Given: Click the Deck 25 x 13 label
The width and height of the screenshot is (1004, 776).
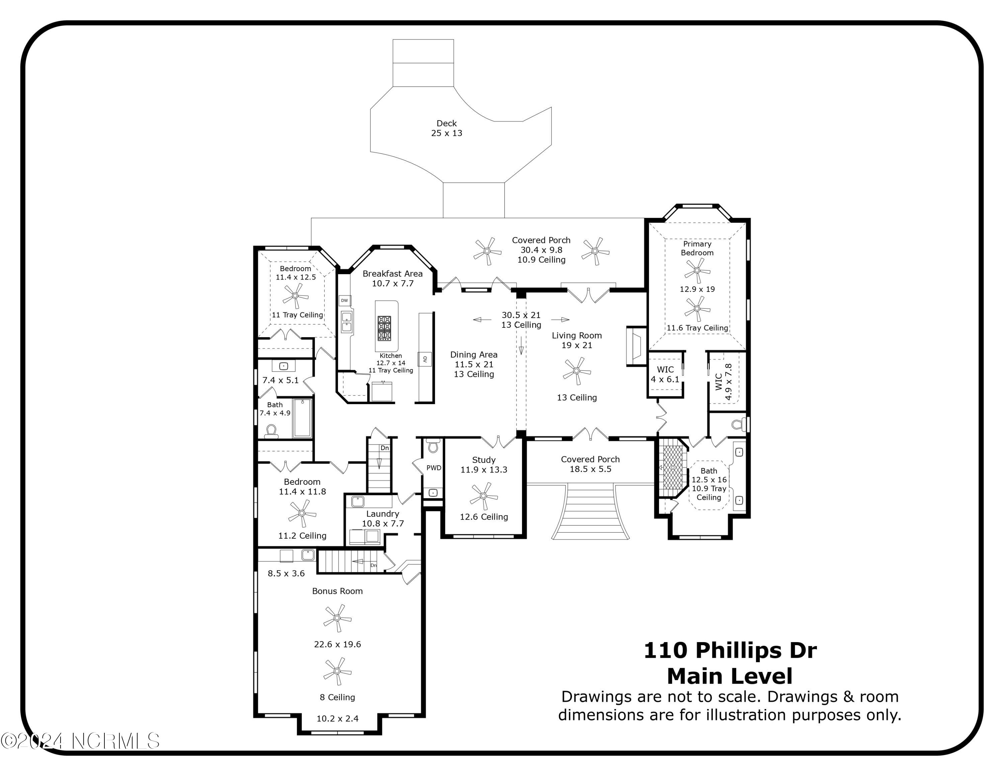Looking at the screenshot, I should pos(446,128).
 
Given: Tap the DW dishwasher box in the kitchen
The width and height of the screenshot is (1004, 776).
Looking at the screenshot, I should pos(344,301).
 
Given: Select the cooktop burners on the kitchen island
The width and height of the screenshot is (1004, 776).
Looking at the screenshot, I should pos(384,328).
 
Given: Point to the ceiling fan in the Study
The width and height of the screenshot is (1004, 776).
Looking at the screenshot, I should pos(483,495).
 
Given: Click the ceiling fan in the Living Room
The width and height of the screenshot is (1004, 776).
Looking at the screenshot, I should pos(577,371).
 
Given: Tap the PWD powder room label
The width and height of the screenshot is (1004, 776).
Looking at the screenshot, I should pos(433,468).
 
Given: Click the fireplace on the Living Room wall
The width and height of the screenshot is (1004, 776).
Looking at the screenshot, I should pos(636,346).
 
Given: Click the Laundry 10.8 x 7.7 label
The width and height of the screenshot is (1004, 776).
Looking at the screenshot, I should pos(383,519).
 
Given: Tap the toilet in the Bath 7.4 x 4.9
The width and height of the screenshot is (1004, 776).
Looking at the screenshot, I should pos(271,431).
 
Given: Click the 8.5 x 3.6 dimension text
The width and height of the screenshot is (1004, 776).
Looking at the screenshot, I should pos(286,573).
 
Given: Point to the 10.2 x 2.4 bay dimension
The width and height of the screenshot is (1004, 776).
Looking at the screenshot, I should pos(337,718).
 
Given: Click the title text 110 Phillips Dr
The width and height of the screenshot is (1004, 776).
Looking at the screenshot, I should pos(730,650).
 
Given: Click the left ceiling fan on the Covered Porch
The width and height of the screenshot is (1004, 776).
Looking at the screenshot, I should pos(487,251).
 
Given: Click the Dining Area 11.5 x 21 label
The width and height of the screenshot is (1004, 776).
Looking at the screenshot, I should pos(474,364).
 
